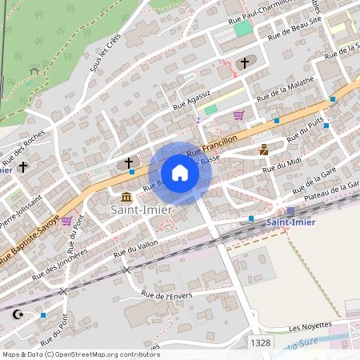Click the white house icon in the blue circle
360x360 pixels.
[x=180, y=173]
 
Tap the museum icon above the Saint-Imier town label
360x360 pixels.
[x=126, y=197]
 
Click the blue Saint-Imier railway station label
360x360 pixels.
[x=290, y=222]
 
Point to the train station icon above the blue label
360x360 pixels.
[x=290, y=211]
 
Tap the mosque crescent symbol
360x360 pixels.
[x=18, y=314]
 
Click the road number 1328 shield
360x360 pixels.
[x=260, y=342]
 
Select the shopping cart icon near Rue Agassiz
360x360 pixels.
[x=238, y=115]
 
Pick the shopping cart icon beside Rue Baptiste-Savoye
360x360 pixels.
[x=66, y=220]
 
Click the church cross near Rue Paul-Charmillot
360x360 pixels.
[x=245, y=62]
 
